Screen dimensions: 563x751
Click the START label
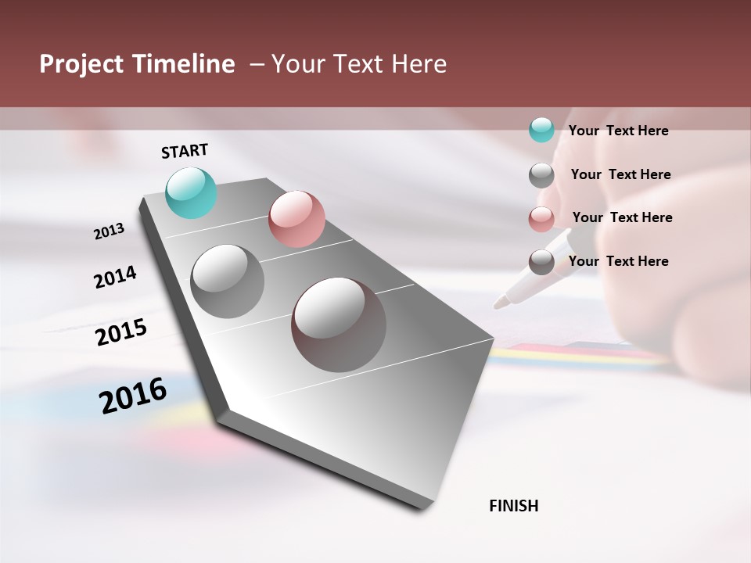point(185,151)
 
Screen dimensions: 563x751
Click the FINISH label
point(513,506)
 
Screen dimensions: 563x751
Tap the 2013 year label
point(110,231)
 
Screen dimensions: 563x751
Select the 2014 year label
point(115,277)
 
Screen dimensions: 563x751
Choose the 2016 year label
point(133,396)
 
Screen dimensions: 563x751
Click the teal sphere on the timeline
point(192,193)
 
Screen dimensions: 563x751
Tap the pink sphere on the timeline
point(296,219)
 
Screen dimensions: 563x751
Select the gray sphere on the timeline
point(228,281)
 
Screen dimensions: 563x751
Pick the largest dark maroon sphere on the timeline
point(339,325)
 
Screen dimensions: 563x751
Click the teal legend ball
point(541,130)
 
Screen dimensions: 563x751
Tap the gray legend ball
point(541,175)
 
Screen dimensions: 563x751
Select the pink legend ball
point(541,219)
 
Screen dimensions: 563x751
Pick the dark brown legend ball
point(541,262)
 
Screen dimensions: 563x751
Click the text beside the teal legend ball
point(618,131)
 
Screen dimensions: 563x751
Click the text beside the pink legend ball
point(622,217)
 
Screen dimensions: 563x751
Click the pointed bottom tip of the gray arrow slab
point(422,507)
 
